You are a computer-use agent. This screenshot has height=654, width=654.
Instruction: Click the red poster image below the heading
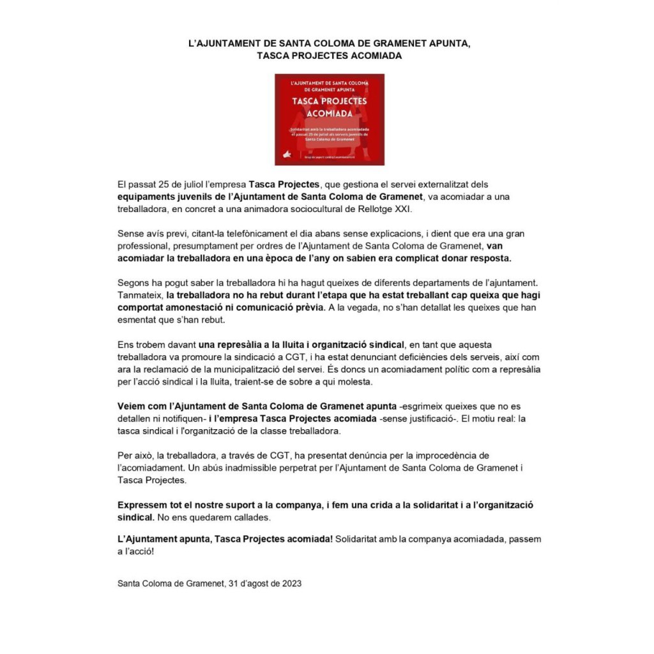coord(329,119)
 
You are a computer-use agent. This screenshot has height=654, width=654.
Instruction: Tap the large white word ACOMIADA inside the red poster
coord(329,113)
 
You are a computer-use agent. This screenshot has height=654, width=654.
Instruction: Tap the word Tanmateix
coord(140,295)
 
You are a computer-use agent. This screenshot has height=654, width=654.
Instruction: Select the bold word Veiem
coord(132,406)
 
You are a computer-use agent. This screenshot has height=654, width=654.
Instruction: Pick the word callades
coord(248,517)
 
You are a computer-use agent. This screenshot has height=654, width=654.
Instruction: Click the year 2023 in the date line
coord(292,583)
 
